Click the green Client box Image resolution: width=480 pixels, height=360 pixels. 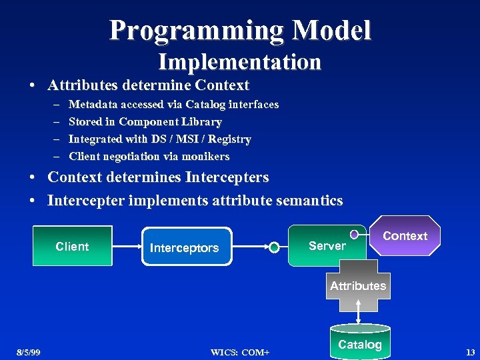[72, 246]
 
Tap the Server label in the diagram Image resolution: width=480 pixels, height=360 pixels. [327, 245]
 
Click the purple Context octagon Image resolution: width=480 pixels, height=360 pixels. [405, 236]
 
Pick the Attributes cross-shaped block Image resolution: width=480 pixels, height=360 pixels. [358, 286]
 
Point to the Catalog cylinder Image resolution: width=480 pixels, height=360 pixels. [360, 343]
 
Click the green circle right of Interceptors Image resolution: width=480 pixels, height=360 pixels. [274, 247]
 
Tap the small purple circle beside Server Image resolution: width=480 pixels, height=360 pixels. [355, 234]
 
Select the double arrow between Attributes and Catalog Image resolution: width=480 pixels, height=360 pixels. [359, 310]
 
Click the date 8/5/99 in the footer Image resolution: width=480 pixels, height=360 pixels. [29, 352]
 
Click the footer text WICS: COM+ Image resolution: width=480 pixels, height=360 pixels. [240, 352]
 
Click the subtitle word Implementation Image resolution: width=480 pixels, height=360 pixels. [239, 62]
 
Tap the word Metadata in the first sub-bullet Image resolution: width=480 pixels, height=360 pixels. [93, 104]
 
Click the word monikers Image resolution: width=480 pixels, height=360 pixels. [205, 156]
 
